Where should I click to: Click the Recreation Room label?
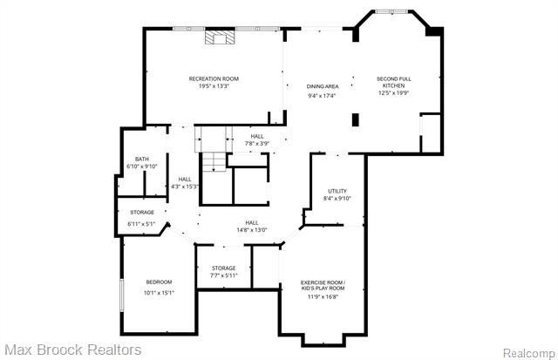214,78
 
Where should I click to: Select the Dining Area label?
323,86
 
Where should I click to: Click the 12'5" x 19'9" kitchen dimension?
395,95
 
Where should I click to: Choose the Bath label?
141,159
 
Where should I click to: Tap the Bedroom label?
159,282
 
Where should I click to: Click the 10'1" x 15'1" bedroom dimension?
159,292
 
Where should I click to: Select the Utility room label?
337,191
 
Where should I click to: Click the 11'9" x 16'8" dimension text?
323,296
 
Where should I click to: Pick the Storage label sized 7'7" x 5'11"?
223,268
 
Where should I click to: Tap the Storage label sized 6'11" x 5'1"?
142,213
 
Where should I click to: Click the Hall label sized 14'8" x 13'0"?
251,222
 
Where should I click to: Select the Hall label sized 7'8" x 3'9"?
257,136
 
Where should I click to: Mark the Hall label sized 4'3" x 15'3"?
185,179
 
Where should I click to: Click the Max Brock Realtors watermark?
71,350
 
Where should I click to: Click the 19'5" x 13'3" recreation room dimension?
214,86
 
